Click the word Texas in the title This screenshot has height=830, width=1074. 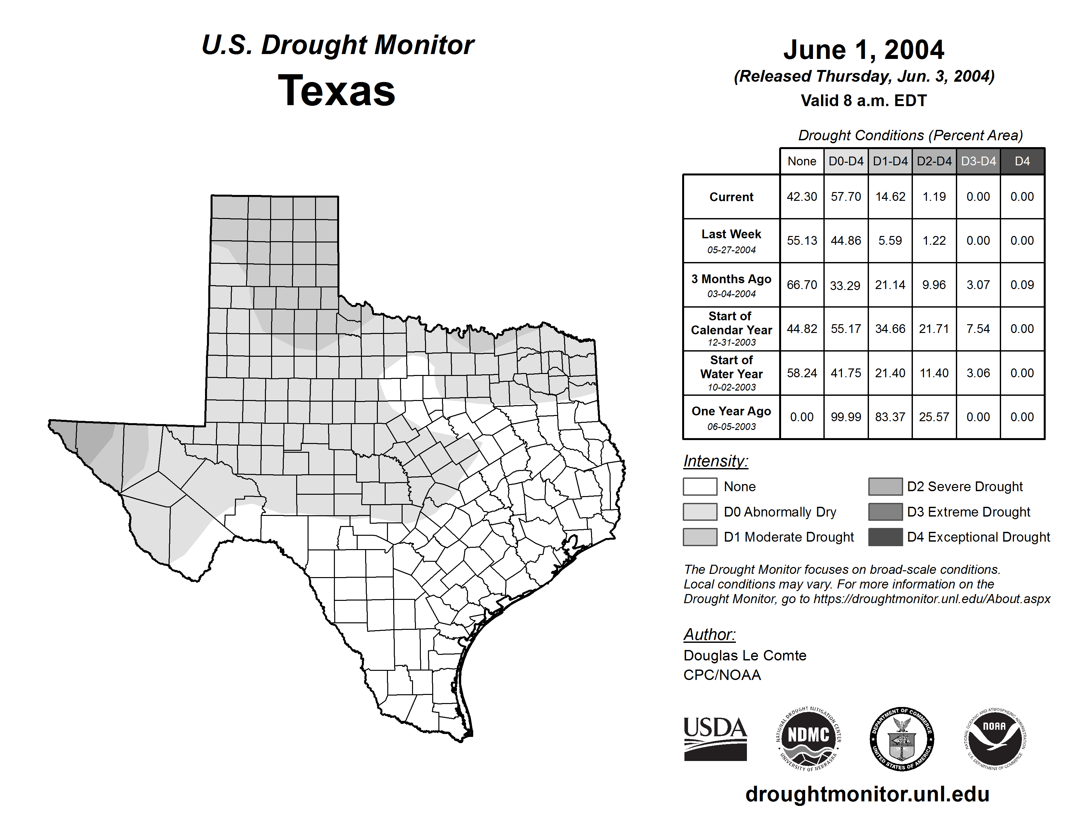point(337,91)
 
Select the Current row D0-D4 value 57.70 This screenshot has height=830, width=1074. point(846,197)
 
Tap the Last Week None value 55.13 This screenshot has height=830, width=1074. point(802,241)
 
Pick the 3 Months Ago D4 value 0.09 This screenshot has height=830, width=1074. point(1022,285)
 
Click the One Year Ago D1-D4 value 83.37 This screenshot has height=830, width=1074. point(890,417)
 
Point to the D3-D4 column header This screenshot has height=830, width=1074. point(978,161)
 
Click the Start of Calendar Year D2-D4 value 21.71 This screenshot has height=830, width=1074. point(934,328)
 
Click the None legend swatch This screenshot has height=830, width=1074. point(700,486)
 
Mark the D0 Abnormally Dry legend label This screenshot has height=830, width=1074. point(780,512)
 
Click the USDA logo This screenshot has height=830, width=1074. point(715,739)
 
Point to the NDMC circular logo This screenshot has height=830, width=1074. point(808,739)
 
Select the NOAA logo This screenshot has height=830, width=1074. point(994,739)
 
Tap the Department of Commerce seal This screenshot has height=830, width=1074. point(902,739)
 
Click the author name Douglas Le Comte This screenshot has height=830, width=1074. point(745,656)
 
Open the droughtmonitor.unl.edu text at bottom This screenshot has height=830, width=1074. point(867,794)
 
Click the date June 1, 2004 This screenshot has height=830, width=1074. point(863,50)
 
